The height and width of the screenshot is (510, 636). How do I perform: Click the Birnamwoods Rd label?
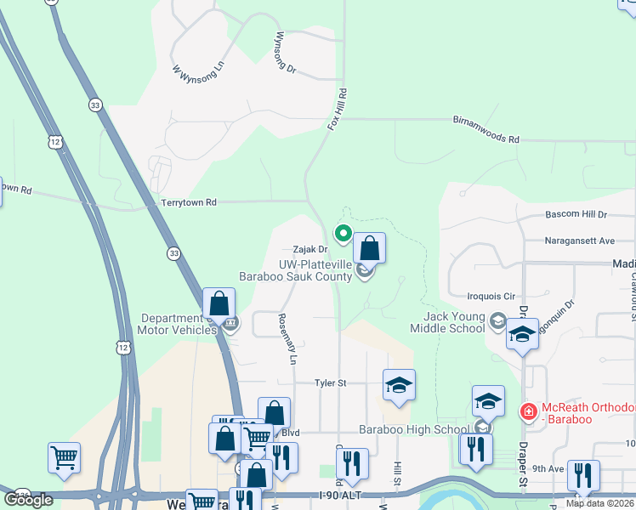(486, 138)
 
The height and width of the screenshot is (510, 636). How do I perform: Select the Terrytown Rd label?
(189, 202)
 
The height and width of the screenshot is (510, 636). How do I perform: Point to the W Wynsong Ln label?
(197, 70)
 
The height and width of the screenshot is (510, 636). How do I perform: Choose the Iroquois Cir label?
(492, 297)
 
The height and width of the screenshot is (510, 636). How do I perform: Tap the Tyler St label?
(330, 383)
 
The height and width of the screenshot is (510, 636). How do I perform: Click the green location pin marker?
(344, 232)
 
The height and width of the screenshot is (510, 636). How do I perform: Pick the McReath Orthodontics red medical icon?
(528, 411)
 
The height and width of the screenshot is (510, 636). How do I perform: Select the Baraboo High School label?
(414, 429)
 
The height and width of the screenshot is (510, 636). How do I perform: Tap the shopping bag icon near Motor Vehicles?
(219, 303)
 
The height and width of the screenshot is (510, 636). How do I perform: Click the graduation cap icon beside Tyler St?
(399, 384)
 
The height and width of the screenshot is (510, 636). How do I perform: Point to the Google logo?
(28, 499)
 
